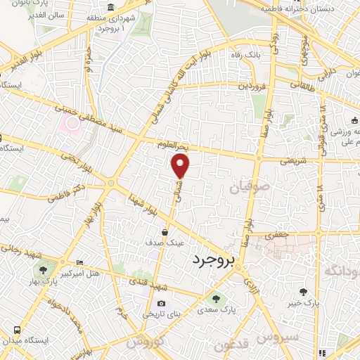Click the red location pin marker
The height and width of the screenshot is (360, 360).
coord(181,166)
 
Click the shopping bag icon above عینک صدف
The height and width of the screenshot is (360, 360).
coord(165,231)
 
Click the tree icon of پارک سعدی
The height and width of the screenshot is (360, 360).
coord(216,298)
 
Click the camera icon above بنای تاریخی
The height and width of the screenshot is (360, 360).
coord(162,304)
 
